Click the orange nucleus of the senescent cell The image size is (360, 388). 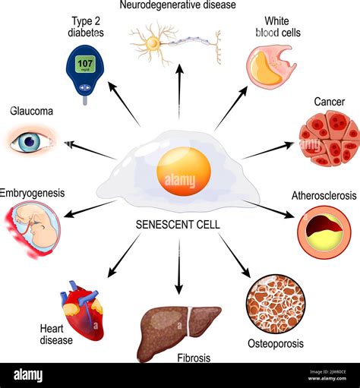click(183, 171)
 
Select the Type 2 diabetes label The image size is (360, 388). click(85, 26)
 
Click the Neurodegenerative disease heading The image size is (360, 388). click(178, 6)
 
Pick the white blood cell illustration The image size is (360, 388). click(270, 64)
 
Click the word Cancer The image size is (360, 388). click(328, 102)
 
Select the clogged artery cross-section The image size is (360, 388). click(324, 231)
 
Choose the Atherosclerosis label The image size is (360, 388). click(324, 196)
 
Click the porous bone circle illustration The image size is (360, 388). click(275, 304)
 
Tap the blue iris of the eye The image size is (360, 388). click(31, 140)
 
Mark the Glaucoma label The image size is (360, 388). click(31, 112)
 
